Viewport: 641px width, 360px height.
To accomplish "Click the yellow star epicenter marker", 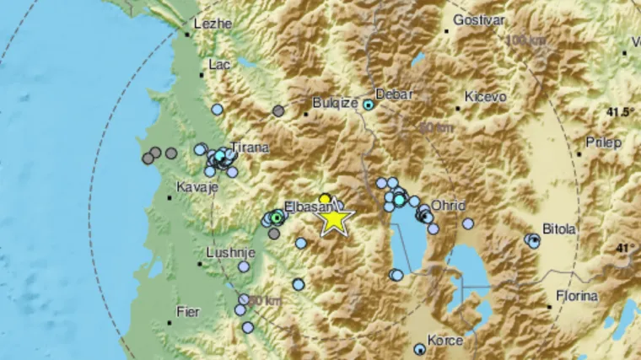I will (x=335, y=219).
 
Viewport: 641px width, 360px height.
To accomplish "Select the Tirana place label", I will (x=250, y=148).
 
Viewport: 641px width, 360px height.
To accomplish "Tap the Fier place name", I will (x=186, y=312).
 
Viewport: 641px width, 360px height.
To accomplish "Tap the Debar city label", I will (x=394, y=94).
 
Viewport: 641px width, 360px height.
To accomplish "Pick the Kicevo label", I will (x=485, y=97).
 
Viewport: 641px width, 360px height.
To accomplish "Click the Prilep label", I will (x=603, y=142).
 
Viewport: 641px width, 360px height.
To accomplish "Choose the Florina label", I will (x=576, y=296).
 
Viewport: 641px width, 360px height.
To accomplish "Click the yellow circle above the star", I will (x=325, y=199).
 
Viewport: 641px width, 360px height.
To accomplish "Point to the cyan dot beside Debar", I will (x=369, y=105).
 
